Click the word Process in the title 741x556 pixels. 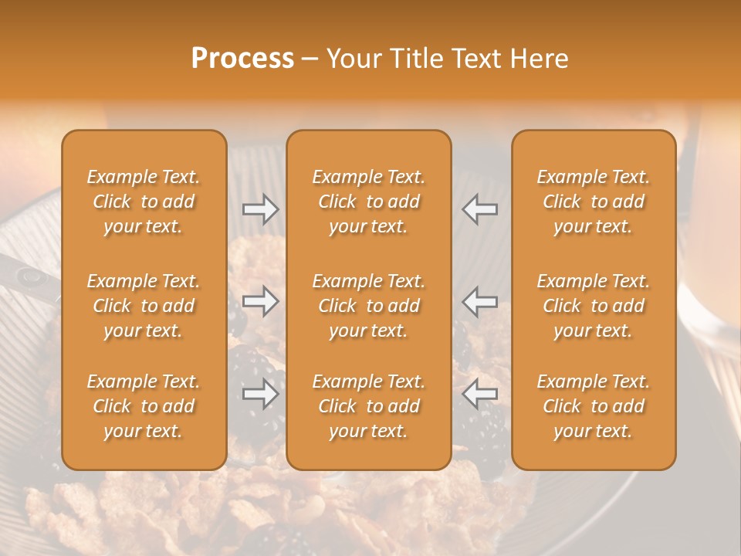(x=242, y=59)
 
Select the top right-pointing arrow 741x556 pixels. (x=260, y=209)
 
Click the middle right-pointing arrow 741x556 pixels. (x=260, y=301)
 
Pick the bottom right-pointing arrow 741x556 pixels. (x=260, y=394)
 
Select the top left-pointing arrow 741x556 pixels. (x=479, y=209)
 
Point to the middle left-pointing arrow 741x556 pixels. (x=479, y=301)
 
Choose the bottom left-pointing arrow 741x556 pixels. (x=479, y=394)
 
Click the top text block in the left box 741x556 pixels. (x=144, y=202)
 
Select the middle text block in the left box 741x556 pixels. (x=144, y=306)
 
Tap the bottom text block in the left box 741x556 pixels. (x=144, y=406)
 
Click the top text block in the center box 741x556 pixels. (x=369, y=202)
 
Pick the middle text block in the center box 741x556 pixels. (x=369, y=306)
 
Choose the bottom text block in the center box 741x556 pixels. (x=369, y=406)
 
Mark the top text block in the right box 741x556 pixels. (x=594, y=202)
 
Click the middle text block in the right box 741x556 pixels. (x=594, y=306)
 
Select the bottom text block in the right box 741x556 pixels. (x=594, y=406)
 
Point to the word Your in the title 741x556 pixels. (x=352, y=59)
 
